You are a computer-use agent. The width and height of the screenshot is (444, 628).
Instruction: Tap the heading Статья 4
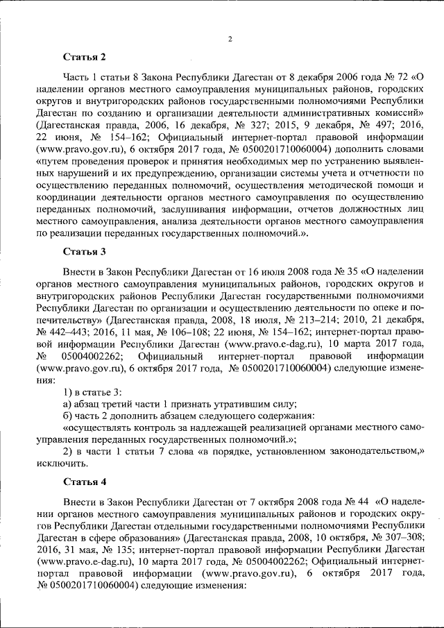84,482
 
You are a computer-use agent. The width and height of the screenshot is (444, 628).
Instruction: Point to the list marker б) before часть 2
67,416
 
